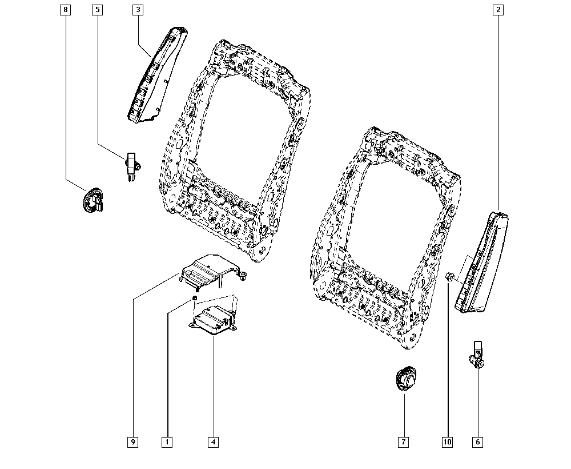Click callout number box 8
66,10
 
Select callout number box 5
98,10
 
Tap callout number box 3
138,10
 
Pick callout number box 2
498,10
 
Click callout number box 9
133,442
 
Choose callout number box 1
167,442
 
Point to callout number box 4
213,442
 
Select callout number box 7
404,442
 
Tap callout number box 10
447,442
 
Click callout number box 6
477,442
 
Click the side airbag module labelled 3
155,77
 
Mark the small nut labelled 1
195,298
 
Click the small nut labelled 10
449,277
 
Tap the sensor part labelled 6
477,355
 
